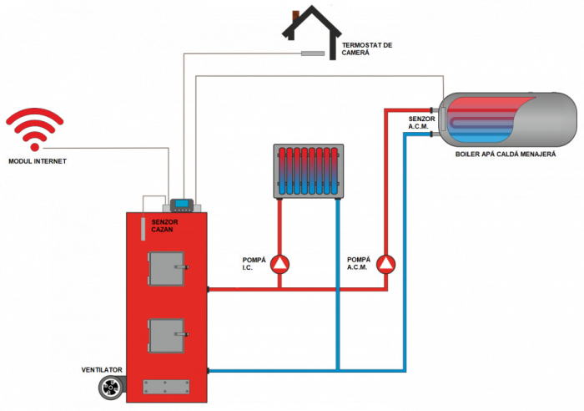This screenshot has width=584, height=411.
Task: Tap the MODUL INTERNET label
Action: [x=36, y=161]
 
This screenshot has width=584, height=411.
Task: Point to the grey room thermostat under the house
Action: [x=312, y=54]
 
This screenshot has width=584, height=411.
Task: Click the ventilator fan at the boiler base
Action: [x=110, y=387]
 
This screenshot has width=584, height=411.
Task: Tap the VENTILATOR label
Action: [x=102, y=369]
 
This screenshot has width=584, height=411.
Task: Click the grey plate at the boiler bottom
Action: [x=168, y=386]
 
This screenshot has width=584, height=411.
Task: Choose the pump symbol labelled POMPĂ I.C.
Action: [x=280, y=264]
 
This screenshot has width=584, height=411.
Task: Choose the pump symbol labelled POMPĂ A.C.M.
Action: [x=386, y=264]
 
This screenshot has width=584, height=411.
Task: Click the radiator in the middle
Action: [x=309, y=172]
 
